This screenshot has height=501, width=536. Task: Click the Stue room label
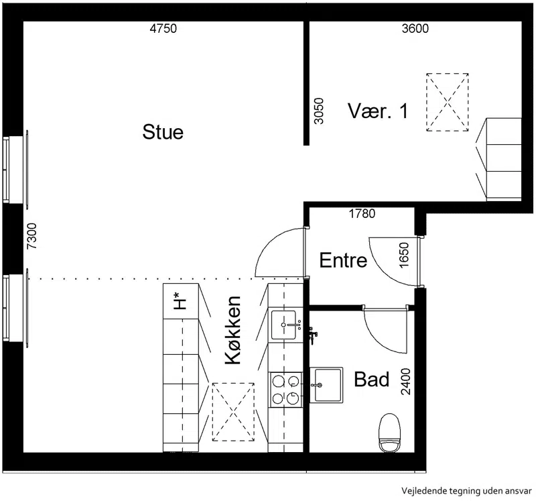coord(163,132)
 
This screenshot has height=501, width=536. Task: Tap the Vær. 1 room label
coord(378,111)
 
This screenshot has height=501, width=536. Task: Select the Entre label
coord(343,260)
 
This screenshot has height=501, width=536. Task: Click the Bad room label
coord(372,379)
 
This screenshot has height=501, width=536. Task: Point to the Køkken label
coord(233,330)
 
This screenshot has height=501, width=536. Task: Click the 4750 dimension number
coord(163,28)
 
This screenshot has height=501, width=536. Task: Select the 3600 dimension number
coord(415,28)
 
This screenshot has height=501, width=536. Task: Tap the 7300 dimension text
coord(31,236)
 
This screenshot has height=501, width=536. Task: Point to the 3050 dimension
coord(319,111)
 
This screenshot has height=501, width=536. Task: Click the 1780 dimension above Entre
coord(362,214)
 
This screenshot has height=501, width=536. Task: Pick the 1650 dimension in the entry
coord(404,256)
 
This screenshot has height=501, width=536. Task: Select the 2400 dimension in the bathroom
coord(405,382)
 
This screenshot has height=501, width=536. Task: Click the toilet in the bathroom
coord(390,433)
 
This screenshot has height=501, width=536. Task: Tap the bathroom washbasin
coord(326,385)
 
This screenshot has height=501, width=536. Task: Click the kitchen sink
coord(283,325)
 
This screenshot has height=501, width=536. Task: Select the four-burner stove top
coord(285,390)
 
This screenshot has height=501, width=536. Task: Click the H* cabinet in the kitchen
coord(181,301)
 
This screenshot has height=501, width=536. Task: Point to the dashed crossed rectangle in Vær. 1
coord(447,102)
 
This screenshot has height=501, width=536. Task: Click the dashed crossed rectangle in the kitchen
coord(233,412)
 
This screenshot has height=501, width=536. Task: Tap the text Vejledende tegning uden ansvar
coord(466,491)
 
